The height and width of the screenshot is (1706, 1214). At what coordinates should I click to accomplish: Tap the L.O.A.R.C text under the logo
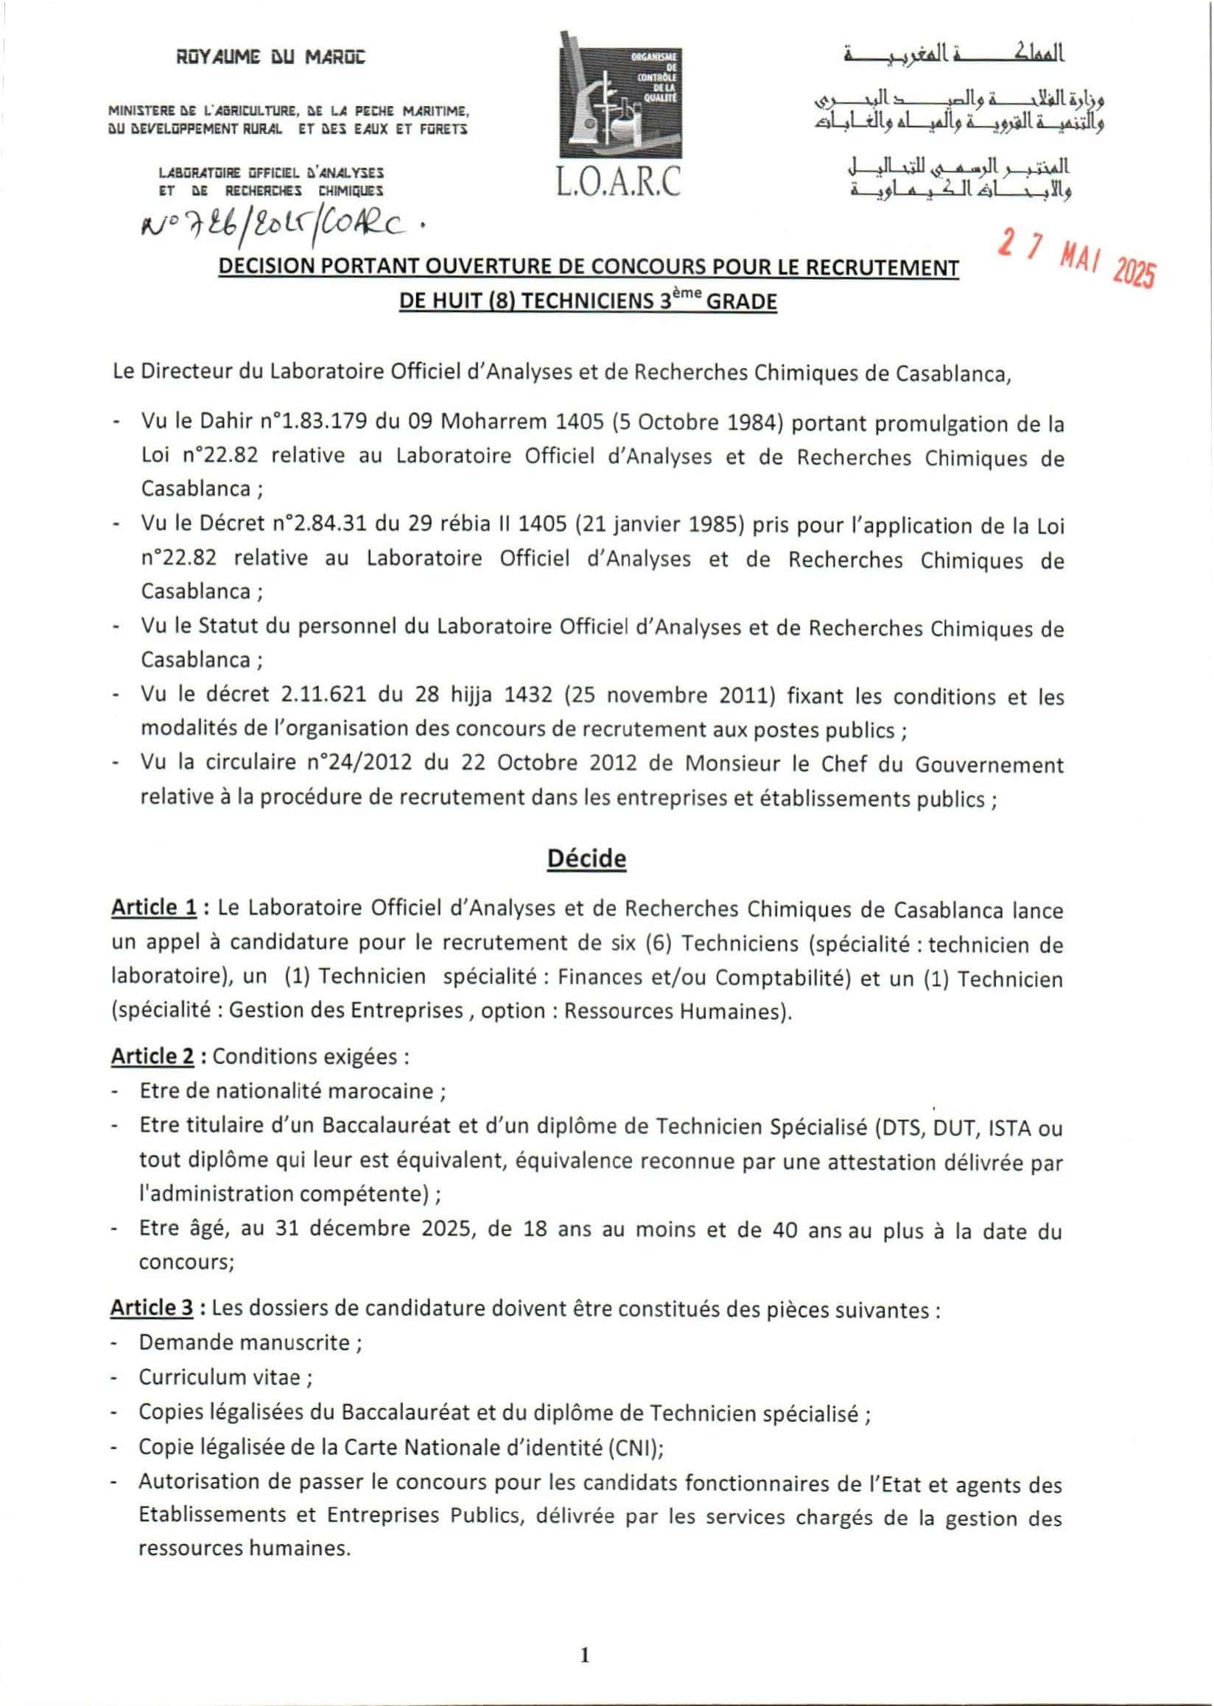[619, 181]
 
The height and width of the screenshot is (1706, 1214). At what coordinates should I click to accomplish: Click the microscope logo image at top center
[620, 97]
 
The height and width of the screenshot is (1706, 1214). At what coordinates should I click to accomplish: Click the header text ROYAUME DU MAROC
[270, 57]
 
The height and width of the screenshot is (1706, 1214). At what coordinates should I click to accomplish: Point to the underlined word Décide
[586, 858]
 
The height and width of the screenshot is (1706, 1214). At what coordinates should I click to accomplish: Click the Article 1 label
[154, 907]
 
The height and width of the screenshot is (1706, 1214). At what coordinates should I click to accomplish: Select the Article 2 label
[152, 1056]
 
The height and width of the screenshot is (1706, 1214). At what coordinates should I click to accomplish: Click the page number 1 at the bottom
[585, 1655]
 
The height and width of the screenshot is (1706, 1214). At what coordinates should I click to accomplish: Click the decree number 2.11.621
[323, 694]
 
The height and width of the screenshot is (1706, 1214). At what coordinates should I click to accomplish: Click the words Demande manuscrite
[245, 1342]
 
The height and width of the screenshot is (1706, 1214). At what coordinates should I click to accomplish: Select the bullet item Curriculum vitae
[220, 1376]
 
